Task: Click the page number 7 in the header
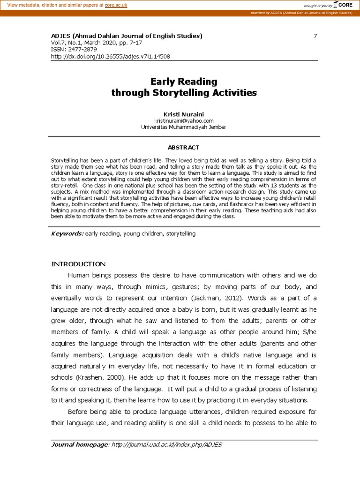[x=315, y=36]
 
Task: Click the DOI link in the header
[x=110, y=57]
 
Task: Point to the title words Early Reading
[x=184, y=82]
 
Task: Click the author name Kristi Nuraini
[x=184, y=114]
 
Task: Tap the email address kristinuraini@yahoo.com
[x=184, y=120]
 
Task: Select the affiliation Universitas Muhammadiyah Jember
[x=184, y=127]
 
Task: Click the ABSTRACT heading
[x=184, y=147]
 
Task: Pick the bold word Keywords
[x=67, y=233]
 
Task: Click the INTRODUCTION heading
[x=78, y=264]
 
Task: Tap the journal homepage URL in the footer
[x=166, y=444]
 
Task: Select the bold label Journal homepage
[x=79, y=444]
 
